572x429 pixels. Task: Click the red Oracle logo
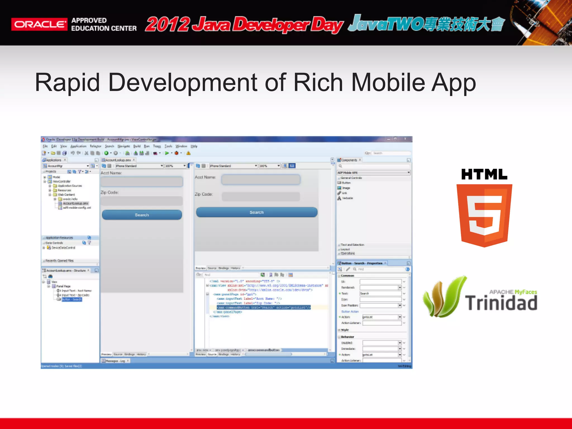pyautogui.click(x=39, y=24)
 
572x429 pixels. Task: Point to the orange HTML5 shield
pyautogui.click(x=484, y=215)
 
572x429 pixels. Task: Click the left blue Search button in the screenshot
pyautogui.click(x=142, y=215)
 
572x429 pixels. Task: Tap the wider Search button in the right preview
pyautogui.click(x=256, y=212)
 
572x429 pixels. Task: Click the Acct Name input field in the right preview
pyautogui.click(x=261, y=179)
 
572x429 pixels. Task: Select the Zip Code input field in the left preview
pyautogui.click(x=142, y=201)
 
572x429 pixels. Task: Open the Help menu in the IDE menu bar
pyautogui.click(x=194, y=146)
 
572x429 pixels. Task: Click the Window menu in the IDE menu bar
pyautogui.click(x=181, y=146)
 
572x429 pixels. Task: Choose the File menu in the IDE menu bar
pyautogui.click(x=45, y=146)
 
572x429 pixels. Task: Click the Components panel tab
pyautogui.click(x=349, y=160)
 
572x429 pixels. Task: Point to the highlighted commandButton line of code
pyautogui.click(x=264, y=307)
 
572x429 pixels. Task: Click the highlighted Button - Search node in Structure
pyautogui.click(x=71, y=299)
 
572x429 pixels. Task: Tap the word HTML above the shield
pyautogui.click(x=484, y=175)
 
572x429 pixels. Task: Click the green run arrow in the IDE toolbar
pyautogui.click(x=167, y=153)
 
